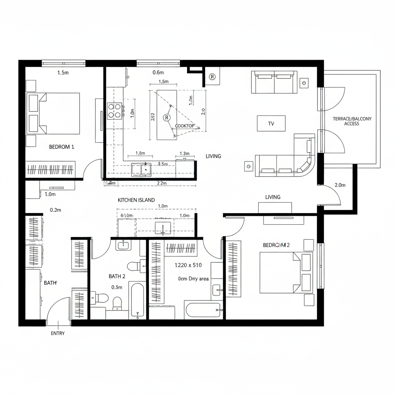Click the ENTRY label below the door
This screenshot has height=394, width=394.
point(58,333)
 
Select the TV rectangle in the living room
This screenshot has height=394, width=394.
point(271,124)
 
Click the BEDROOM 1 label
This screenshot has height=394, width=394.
point(62,147)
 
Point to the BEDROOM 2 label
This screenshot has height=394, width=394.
point(276,245)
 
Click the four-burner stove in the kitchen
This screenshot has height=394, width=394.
point(115,111)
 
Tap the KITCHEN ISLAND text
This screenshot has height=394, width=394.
point(136,200)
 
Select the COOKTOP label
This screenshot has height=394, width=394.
point(185,126)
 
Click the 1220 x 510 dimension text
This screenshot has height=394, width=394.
point(188,265)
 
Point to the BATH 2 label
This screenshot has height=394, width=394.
point(117,276)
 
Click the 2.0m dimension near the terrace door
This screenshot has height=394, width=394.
point(340,185)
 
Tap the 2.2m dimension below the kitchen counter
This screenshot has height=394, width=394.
point(162,184)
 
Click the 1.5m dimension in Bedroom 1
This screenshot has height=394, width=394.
point(63,72)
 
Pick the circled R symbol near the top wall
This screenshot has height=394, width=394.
point(212,77)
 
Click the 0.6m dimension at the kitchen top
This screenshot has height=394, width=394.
point(158,72)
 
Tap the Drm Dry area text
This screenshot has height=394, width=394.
point(193,279)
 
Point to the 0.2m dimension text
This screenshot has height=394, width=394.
point(55,210)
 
